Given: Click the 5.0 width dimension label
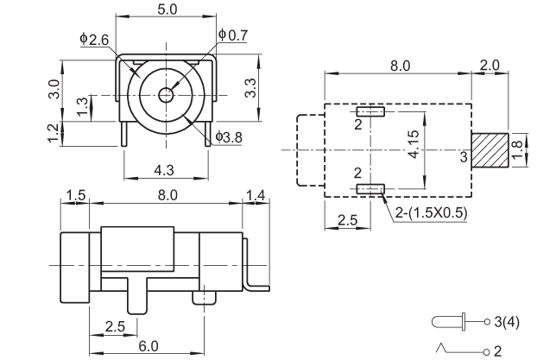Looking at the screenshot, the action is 167,9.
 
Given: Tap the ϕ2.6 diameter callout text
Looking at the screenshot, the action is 94,40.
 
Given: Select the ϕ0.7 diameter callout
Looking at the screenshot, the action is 233,35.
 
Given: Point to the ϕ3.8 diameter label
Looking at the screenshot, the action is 229,137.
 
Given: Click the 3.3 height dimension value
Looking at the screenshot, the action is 251,88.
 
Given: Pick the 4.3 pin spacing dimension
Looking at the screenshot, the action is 164,170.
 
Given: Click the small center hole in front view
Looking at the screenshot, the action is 167,95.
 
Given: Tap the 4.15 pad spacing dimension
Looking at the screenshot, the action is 414,144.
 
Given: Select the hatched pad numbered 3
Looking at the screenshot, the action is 490,150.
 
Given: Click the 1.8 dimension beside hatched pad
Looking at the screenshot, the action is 518,149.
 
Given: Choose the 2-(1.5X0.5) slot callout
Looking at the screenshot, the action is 431,212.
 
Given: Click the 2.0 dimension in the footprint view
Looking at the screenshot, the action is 490,65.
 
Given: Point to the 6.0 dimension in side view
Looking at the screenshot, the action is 148,346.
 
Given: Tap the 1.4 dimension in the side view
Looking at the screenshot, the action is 256,196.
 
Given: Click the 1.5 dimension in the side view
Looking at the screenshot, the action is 75,195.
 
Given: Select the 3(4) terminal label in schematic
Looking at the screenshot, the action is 507,322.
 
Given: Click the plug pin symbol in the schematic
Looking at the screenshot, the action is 449,322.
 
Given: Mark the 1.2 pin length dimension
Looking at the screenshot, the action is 53,134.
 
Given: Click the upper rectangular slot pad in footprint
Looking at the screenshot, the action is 370,111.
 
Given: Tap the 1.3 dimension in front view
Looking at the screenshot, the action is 81,107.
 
